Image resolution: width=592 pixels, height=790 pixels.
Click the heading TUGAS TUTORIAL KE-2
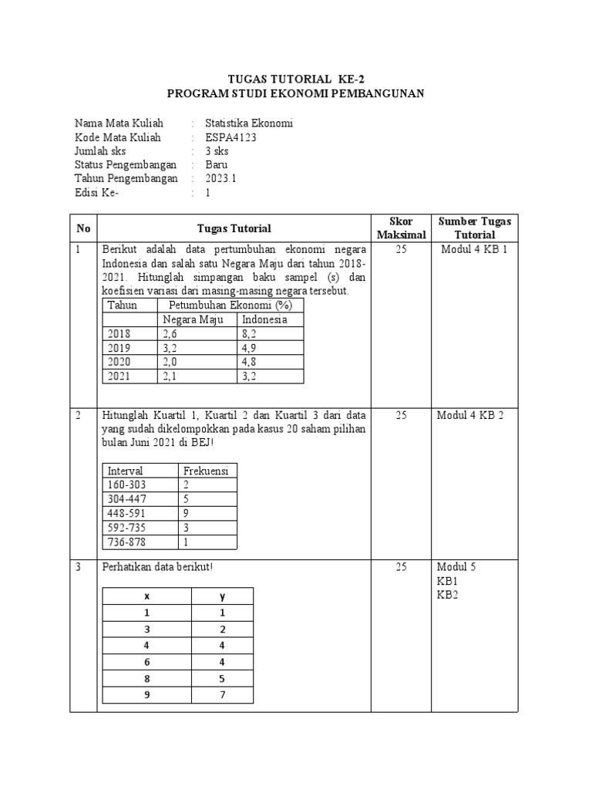click(296, 78)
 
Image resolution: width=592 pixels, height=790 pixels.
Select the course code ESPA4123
click(230, 137)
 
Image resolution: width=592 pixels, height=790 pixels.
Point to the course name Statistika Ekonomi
click(248, 123)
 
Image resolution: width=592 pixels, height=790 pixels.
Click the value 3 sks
click(217, 151)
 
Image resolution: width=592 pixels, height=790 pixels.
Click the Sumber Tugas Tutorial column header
click(474, 228)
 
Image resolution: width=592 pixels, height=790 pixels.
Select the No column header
click(83, 228)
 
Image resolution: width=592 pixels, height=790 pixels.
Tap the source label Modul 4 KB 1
click(474, 249)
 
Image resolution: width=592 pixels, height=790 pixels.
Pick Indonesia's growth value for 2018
click(253, 334)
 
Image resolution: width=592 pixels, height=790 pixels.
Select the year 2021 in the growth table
click(119, 376)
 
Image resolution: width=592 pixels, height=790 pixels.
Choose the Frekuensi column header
click(204, 471)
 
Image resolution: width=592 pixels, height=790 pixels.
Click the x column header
click(146, 596)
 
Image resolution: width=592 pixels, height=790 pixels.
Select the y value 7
click(222, 694)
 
